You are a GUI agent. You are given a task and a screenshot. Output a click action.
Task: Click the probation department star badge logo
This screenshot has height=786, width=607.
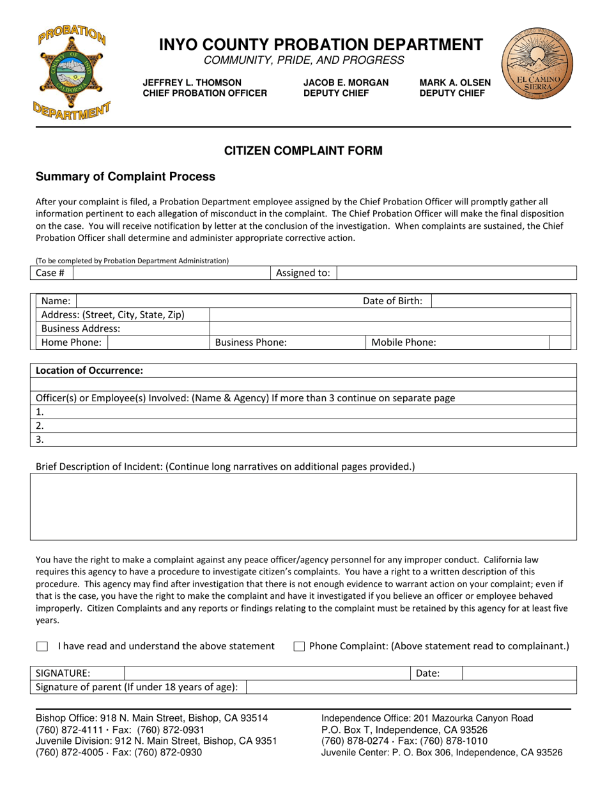(72, 72)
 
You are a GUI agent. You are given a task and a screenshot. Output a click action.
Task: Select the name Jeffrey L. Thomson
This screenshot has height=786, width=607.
(192, 82)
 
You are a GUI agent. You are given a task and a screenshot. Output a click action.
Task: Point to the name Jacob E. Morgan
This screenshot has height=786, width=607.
(346, 82)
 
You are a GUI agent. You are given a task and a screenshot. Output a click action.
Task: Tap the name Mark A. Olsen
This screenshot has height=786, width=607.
(455, 82)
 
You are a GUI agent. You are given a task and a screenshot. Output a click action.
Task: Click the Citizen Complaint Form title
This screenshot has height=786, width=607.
(303, 151)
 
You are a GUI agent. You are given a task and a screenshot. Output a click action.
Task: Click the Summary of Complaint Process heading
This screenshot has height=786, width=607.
(125, 176)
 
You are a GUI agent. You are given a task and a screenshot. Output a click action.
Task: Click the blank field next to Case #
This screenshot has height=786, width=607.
(172, 273)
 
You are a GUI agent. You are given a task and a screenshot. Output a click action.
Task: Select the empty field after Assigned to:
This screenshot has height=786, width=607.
(456, 273)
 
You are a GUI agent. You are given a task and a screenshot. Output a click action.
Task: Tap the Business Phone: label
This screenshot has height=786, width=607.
(251, 343)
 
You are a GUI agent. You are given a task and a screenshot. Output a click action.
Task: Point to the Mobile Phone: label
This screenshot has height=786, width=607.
(404, 343)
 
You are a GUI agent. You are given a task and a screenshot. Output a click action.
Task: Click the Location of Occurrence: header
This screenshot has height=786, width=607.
(89, 371)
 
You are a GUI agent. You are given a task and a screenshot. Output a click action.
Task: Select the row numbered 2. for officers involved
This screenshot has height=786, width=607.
(303, 426)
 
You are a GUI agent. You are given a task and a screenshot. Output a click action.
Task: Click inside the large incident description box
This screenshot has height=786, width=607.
(303, 507)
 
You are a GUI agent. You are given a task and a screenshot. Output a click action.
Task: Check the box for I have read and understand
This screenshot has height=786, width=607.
(42, 647)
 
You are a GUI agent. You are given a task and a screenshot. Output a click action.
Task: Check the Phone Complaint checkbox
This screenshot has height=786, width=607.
(298, 647)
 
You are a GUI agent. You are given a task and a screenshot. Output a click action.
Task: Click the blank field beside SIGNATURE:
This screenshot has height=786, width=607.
(266, 673)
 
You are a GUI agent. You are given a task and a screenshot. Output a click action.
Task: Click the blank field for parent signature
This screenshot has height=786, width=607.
(411, 687)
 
